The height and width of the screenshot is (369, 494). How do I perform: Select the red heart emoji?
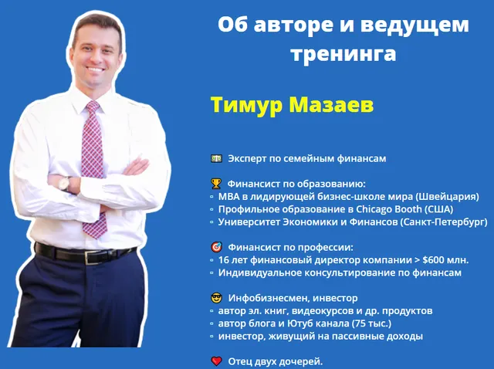tap(216, 361)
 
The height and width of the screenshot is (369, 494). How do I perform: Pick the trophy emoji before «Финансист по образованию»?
tap(216, 184)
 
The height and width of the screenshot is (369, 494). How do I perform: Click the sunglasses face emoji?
tap(216, 298)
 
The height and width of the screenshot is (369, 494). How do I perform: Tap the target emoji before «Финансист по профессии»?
tap(216, 248)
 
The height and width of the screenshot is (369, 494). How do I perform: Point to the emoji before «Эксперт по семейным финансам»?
tap(216, 158)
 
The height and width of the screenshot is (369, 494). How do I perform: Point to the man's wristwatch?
tap(64, 182)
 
